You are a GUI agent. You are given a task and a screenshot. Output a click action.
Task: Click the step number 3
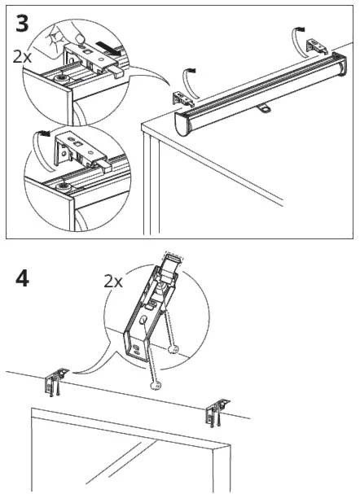click(x=23, y=24)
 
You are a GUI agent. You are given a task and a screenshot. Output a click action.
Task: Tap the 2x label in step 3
click(x=24, y=57)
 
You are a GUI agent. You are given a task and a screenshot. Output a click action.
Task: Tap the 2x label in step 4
click(x=112, y=282)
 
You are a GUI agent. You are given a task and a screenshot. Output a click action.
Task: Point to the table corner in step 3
click(x=145, y=127)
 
